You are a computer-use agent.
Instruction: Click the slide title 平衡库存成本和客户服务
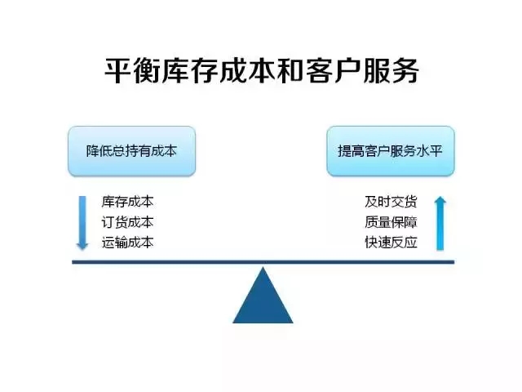[x=262, y=70]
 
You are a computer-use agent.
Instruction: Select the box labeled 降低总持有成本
[x=131, y=151]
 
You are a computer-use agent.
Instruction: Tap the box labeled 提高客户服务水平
[x=391, y=151]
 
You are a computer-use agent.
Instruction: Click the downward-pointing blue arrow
[x=82, y=223]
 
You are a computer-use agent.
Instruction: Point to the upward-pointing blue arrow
[x=440, y=223]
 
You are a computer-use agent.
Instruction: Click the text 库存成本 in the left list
[x=127, y=202]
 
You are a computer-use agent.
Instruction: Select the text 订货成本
[x=127, y=222]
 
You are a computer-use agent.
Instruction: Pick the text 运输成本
[x=127, y=243]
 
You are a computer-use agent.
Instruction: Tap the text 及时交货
[x=391, y=202]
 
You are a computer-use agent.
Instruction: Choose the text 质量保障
[x=391, y=222]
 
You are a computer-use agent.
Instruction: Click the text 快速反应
[x=391, y=243]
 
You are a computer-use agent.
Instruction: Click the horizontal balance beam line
[x=263, y=262]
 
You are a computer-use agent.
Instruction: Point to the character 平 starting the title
[x=117, y=70]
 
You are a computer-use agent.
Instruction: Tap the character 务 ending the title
[x=406, y=70]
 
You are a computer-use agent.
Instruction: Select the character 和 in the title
[x=290, y=70]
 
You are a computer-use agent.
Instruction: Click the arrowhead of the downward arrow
[x=82, y=245]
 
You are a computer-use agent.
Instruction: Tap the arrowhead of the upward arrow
[x=440, y=200]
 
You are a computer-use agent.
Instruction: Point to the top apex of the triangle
[x=263, y=267]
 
